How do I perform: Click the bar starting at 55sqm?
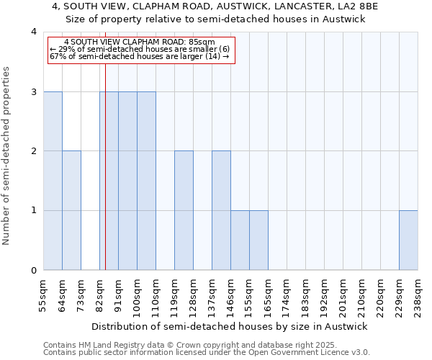point(53,181)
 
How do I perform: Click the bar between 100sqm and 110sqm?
point(146,181)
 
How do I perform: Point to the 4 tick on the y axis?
point(34,32)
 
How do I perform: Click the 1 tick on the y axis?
point(34,211)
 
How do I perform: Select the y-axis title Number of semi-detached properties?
point(7,156)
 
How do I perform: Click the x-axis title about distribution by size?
point(230,326)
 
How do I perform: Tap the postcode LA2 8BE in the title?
point(357,6)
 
